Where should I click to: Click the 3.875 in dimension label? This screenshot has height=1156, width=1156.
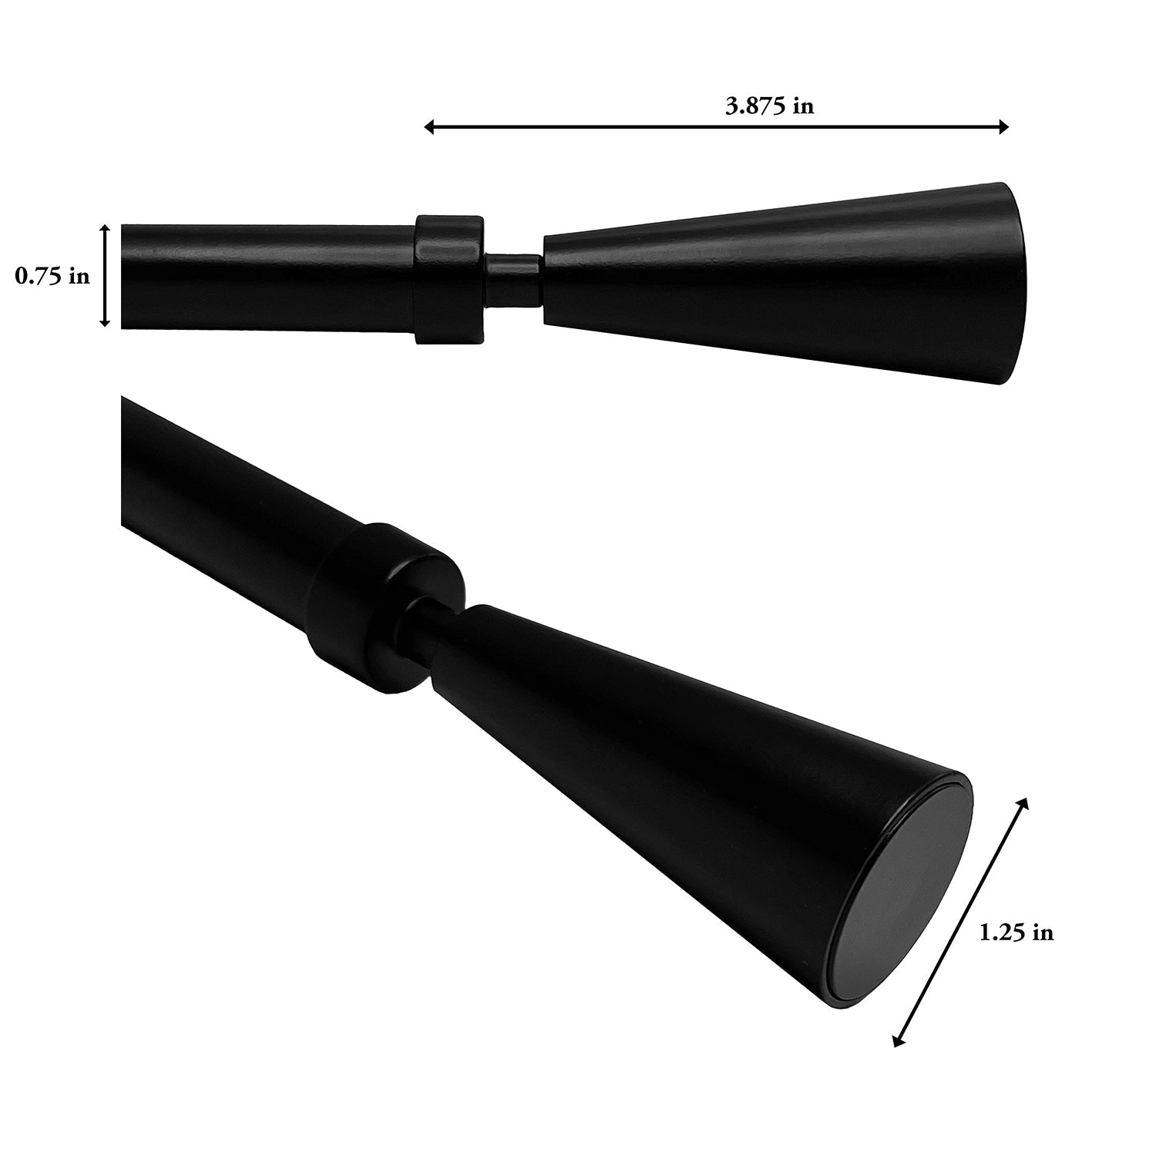[769, 106]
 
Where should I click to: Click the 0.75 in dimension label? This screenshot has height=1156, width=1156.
[52, 276]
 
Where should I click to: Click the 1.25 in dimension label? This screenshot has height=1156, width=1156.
[1016, 933]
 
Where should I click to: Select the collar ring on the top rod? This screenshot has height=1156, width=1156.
[449, 278]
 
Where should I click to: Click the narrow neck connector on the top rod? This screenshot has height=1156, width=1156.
[513, 277]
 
